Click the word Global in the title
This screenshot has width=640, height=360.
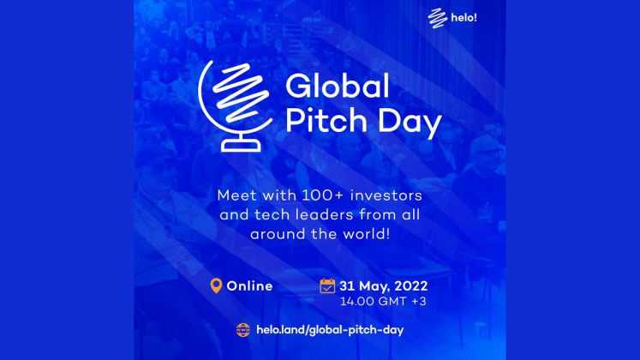click(x=338, y=86)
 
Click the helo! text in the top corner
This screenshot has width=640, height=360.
click(x=464, y=17)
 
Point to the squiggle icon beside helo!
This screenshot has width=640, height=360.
click(x=438, y=18)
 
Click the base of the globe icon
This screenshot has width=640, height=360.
click(x=241, y=145)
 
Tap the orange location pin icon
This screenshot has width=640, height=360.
click(x=216, y=285)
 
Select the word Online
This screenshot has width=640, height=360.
click(x=249, y=285)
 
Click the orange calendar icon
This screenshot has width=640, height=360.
click(x=327, y=285)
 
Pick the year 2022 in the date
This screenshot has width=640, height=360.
click(x=411, y=285)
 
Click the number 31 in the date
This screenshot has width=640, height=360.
click(x=347, y=285)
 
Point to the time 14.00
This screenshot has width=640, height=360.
click(x=357, y=301)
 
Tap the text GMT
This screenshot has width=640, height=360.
click(x=392, y=301)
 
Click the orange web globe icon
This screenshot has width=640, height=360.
click(x=243, y=330)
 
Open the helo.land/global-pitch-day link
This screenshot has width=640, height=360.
click(x=330, y=330)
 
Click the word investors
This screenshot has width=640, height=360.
click(x=386, y=195)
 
